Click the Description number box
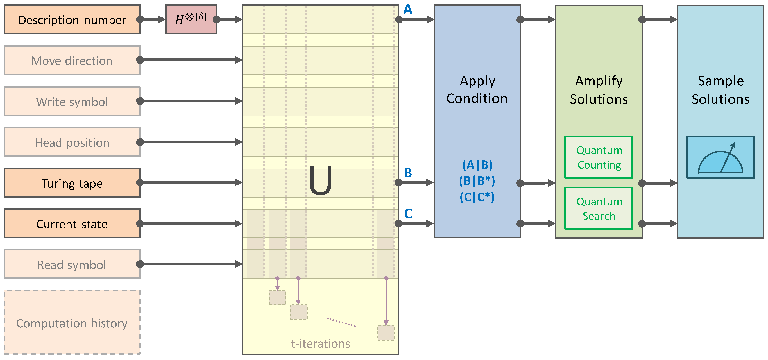[x=72, y=19]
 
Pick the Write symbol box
[x=72, y=101]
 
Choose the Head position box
[x=72, y=142]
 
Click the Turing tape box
[x=72, y=183]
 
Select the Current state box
[x=72, y=224]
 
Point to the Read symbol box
[x=72, y=264]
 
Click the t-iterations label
[x=321, y=344]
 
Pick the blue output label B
[x=408, y=173]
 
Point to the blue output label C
[x=408, y=214]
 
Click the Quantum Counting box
[x=599, y=157]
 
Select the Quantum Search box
[x=599, y=209]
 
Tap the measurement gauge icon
[x=720, y=157]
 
